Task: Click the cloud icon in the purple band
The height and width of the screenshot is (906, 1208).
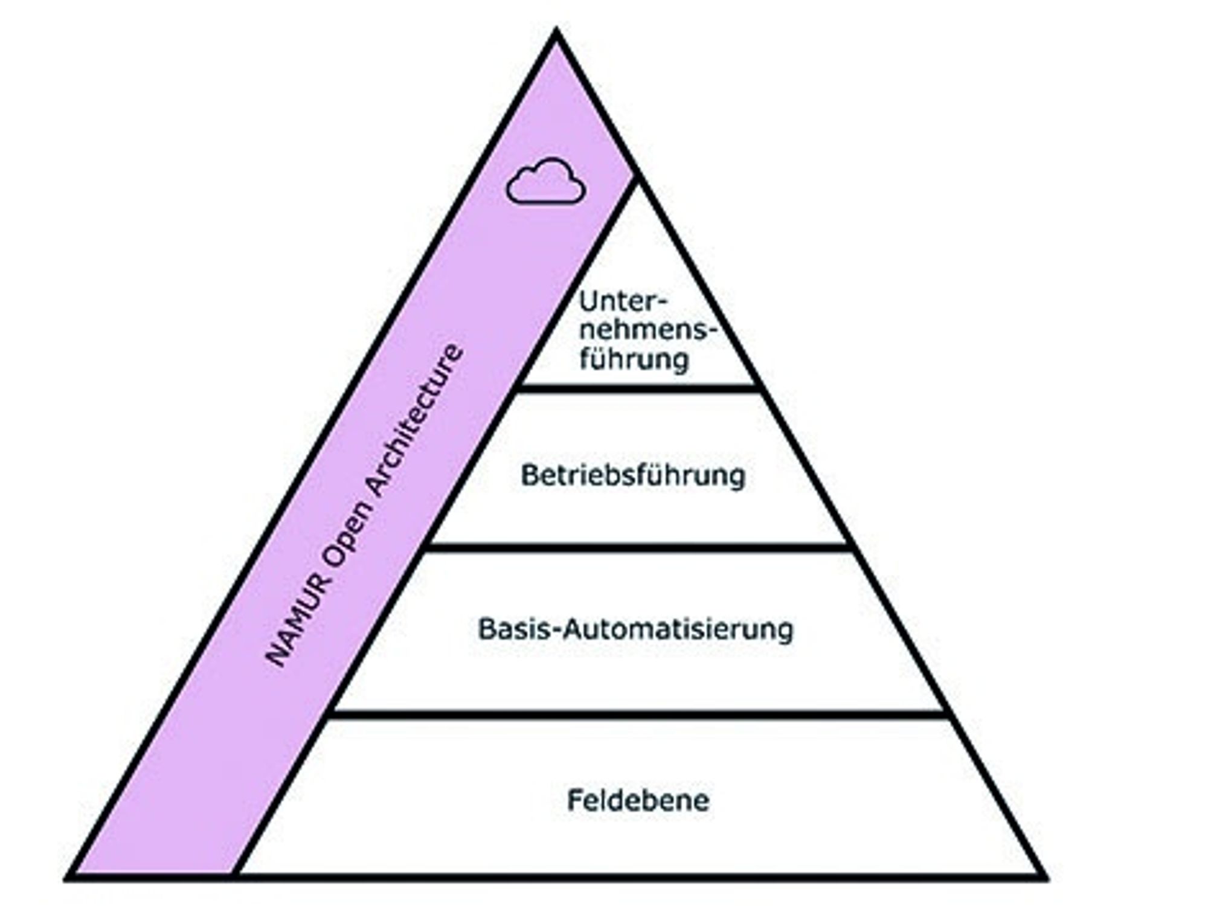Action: pyautogui.click(x=545, y=181)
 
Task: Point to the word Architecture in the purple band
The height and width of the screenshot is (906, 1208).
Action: pyautogui.click(x=417, y=420)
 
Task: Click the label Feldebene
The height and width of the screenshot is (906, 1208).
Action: pyautogui.click(x=638, y=801)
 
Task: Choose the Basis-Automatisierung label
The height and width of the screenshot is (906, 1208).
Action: pyautogui.click(x=635, y=629)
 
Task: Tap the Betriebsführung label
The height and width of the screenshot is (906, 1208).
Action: pyautogui.click(x=633, y=475)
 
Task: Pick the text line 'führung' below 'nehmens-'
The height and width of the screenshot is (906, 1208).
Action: pyautogui.click(x=634, y=359)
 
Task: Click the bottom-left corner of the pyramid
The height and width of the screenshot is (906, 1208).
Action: pyautogui.click(x=66, y=878)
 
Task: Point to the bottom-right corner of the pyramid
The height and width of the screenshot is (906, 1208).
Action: pyautogui.click(x=1046, y=878)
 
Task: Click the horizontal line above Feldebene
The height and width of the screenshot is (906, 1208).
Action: pyautogui.click(x=638, y=715)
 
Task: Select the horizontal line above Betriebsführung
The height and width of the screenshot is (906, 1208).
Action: pyautogui.click(x=638, y=388)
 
